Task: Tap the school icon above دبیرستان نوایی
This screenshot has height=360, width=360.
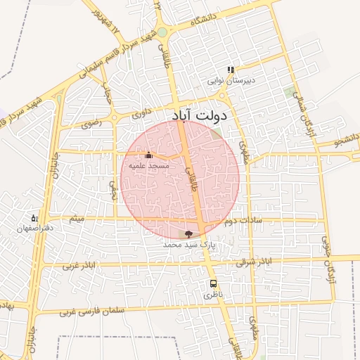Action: [230, 70]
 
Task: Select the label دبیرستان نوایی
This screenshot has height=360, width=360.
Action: [231, 81]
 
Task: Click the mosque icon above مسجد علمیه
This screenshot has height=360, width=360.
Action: [148, 155]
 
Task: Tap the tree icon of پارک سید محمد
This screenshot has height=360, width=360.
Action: [188, 233]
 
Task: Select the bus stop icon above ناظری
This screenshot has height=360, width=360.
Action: [212, 284]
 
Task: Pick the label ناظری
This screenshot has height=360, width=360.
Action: [212, 295]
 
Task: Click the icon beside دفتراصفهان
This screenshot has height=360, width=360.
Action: [34, 218]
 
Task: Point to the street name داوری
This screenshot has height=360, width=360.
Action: [141, 111]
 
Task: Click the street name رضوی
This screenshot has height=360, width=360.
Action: [92, 122]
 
